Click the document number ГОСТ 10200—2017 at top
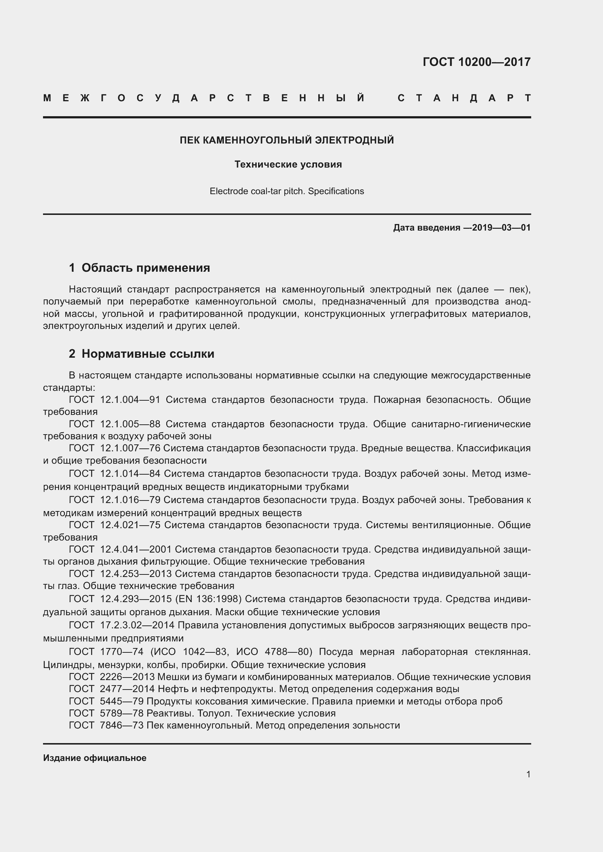pyautogui.click(x=476, y=62)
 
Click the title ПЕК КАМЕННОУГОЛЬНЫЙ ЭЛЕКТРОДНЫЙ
pyautogui.click(x=287, y=140)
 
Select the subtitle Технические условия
pyautogui.click(x=288, y=164)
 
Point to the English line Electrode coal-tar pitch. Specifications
pyautogui.click(x=287, y=192)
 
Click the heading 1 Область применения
pyautogui.click(x=139, y=268)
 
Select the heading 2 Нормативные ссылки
pyautogui.click(x=141, y=354)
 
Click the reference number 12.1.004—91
pyautogui.click(x=130, y=400)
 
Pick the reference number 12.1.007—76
pyautogui.click(x=130, y=448)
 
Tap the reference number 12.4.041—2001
pyautogui.click(x=136, y=549)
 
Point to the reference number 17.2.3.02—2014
pyautogui.click(x=137, y=625)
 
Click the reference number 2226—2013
pyautogui.click(x=127, y=677)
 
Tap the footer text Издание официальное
pyautogui.click(x=95, y=758)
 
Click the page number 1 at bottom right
pyautogui.click(x=528, y=774)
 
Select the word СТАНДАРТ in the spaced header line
pyautogui.click(x=464, y=98)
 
